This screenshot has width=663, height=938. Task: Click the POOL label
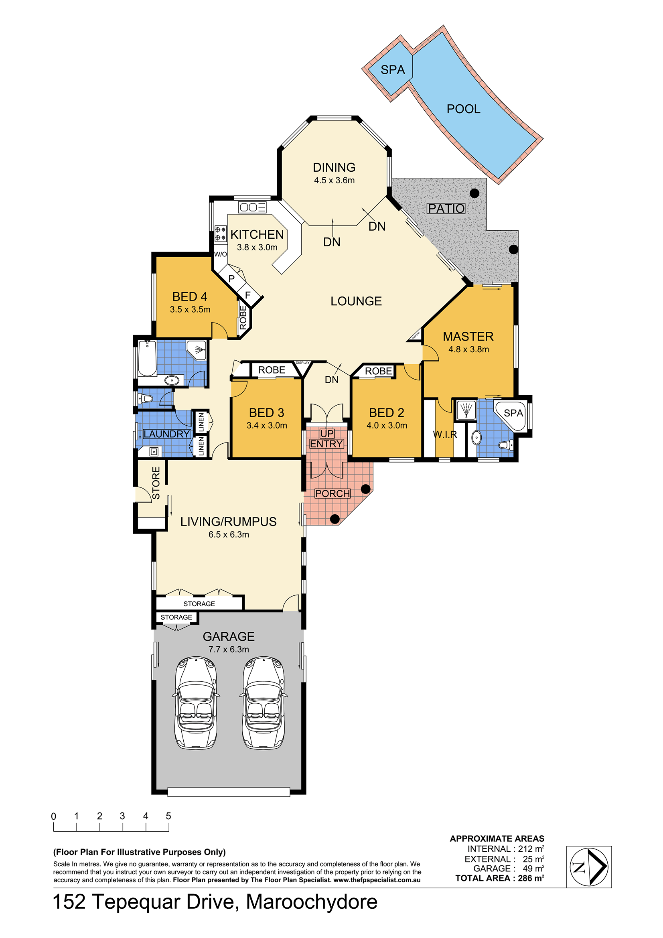point(463,109)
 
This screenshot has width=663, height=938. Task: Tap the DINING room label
point(334,168)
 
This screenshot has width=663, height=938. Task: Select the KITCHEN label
point(257,234)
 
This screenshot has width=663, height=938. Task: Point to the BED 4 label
point(190,296)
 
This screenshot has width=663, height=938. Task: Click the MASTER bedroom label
point(468,337)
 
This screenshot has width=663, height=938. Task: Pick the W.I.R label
point(445,434)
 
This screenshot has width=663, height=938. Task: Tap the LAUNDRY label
point(167,434)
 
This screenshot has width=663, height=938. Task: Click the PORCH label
point(333,493)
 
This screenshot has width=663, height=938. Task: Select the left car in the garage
point(196,702)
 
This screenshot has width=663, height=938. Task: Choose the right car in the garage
point(264,702)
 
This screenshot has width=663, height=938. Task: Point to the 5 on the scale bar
point(168,816)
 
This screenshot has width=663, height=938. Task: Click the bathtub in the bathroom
point(148,358)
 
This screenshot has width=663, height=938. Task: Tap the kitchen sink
point(252,207)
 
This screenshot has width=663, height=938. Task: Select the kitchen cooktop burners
point(221,233)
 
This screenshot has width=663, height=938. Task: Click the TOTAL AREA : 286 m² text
point(500,878)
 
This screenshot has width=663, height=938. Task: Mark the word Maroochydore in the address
point(312,902)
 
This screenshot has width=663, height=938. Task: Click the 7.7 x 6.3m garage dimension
point(229,649)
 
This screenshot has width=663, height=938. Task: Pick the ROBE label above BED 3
point(272,370)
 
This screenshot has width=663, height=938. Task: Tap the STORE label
point(156,483)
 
